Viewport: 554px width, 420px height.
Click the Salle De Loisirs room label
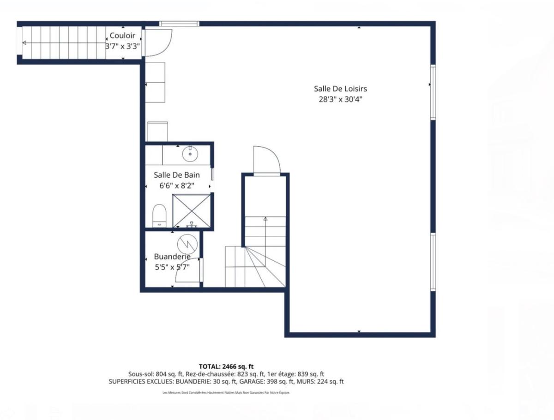340,89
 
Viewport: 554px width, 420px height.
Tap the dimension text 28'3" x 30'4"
340,99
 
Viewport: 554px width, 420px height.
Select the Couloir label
122,36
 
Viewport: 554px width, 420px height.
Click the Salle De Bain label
177,175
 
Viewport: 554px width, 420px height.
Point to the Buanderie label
172,257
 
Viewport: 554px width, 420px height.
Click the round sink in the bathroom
190,153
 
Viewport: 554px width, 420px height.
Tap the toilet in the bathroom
160,216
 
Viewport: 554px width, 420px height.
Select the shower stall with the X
191,210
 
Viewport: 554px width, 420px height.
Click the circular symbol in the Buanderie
187,244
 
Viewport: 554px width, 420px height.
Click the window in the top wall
179,24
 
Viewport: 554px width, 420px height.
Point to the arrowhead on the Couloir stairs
24,43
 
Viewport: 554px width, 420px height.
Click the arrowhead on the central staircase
265,219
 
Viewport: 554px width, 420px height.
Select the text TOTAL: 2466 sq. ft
226,366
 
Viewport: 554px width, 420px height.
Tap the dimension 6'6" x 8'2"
177,186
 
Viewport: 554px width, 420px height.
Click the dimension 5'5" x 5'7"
172,267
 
